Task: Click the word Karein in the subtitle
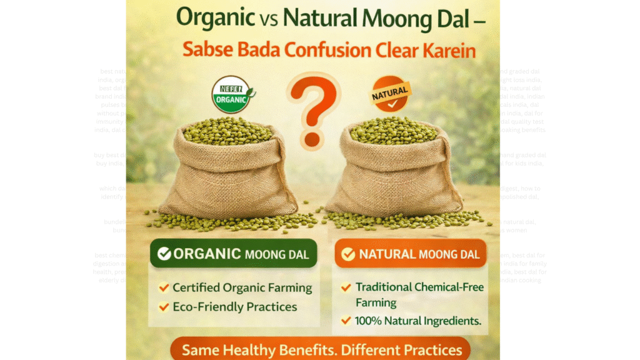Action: pyautogui.click(x=446, y=50)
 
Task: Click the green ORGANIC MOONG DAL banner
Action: pyautogui.click(x=233, y=253)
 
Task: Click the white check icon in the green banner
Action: pyautogui.click(x=164, y=254)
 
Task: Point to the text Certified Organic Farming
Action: pyautogui.click(x=242, y=287)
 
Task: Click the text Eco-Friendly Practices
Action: pyautogui.click(x=235, y=307)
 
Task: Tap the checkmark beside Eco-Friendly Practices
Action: pyautogui.click(x=164, y=307)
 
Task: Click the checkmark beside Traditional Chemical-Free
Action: pyautogui.click(x=346, y=287)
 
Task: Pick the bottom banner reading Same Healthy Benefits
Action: pyautogui.click(x=318, y=349)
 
